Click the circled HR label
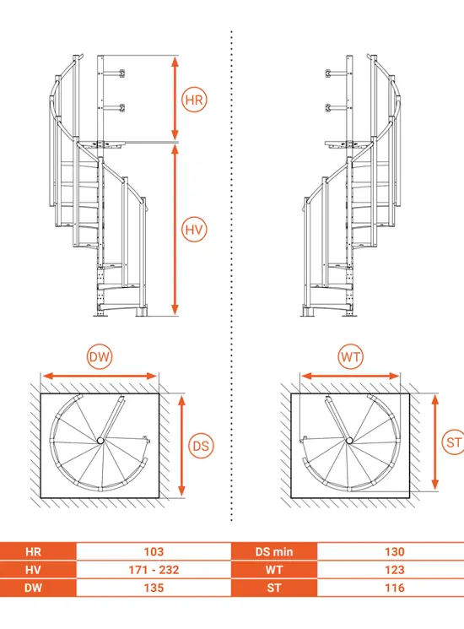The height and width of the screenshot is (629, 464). click(194, 100)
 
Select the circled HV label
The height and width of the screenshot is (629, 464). click(194, 230)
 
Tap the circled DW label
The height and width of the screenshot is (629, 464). click(100, 356)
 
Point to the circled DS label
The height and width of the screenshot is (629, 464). click(201, 446)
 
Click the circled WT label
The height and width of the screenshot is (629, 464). click(351, 356)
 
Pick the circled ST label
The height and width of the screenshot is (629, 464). click(453, 442)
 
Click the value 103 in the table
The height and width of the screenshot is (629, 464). click(154, 551)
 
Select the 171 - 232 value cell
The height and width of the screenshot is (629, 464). click(154, 570)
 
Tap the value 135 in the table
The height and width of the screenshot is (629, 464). click(154, 588)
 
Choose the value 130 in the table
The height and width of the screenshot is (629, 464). click(395, 551)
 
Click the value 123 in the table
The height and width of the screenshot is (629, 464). click(395, 570)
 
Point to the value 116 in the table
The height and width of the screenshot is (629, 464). click(395, 588)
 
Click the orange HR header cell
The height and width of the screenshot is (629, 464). click(38, 551)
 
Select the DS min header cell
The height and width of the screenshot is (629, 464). click(274, 551)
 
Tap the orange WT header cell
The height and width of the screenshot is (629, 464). click(274, 570)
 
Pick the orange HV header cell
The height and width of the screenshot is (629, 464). click(38, 570)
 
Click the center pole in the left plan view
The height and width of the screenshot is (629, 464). click(100, 441)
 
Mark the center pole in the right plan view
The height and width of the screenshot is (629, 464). click(349, 441)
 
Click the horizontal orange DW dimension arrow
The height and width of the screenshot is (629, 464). click(100, 376)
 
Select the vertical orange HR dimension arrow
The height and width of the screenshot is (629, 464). click(175, 98)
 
